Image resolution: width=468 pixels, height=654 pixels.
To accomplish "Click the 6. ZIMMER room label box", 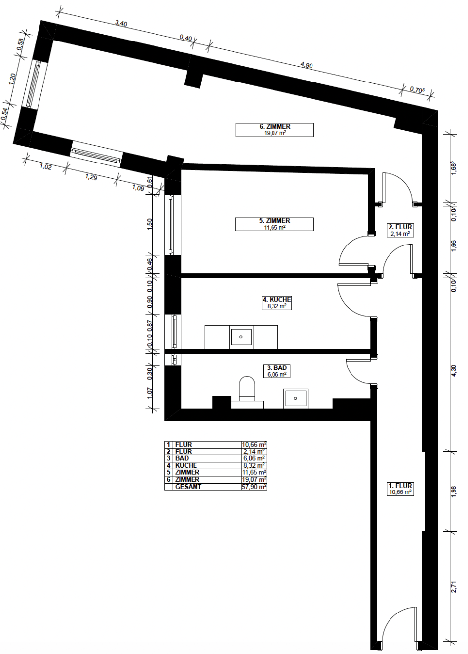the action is pyautogui.click(x=274, y=130).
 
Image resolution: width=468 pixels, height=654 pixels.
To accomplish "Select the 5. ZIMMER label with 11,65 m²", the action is pyautogui.click(x=274, y=224).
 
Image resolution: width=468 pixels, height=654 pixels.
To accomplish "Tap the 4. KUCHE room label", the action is pyautogui.click(x=276, y=303).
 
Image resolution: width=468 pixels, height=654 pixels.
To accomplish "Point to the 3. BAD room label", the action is pyautogui.click(x=276, y=371).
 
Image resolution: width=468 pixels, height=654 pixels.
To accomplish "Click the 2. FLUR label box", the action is pyautogui.click(x=400, y=230).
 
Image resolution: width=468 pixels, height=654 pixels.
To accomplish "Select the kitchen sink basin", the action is pyautogui.click(x=241, y=337).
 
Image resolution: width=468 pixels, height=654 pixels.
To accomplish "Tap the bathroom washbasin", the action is pyautogui.click(x=296, y=398).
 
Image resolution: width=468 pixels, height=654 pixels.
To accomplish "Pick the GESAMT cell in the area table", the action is pyautogui.click(x=188, y=487).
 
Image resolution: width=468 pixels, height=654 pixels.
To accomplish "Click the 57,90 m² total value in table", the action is pyautogui.click(x=254, y=487).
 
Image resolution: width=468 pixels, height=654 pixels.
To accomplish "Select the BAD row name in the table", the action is pyautogui.click(x=182, y=458).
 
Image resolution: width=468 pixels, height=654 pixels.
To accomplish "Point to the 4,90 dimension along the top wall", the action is pyautogui.click(x=307, y=65).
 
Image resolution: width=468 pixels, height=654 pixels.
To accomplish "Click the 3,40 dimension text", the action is pyautogui.click(x=121, y=24).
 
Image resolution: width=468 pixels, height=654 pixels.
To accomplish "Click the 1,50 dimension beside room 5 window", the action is pyautogui.click(x=150, y=224).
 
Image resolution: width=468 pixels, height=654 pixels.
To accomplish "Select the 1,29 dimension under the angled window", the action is pyautogui.click(x=91, y=177).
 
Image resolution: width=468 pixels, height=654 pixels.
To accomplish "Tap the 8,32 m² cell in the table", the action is pyautogui.click(x=254, y=465).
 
